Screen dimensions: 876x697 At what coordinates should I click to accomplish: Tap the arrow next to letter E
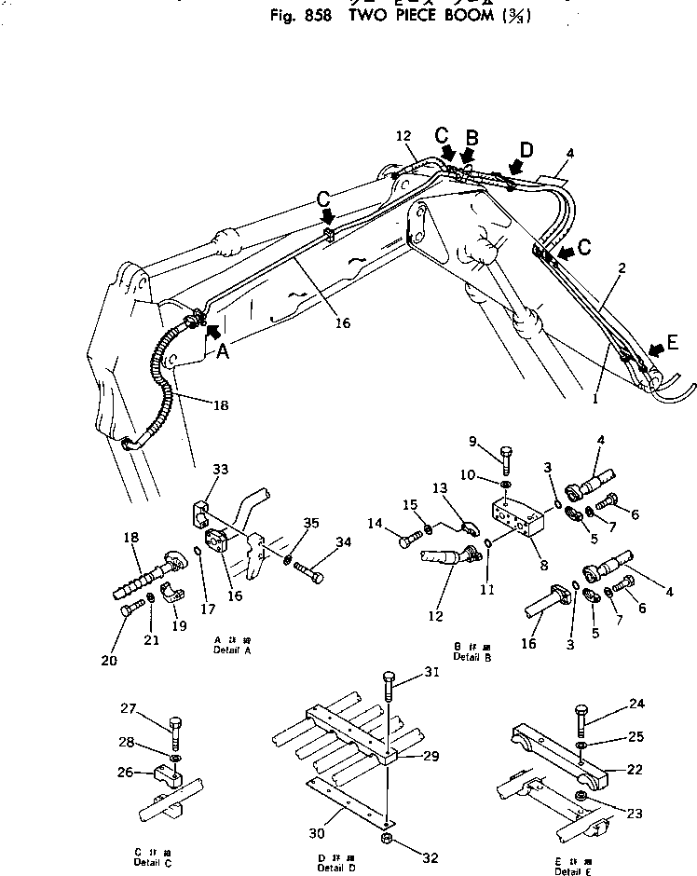click(656, 349)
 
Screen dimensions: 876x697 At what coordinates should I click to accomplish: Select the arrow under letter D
click(514, 169)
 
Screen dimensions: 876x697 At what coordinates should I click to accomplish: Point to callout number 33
click(221, 472)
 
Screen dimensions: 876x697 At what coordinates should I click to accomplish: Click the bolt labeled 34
click(310, 574)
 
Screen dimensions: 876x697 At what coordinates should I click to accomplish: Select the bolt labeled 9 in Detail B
click(506, 460)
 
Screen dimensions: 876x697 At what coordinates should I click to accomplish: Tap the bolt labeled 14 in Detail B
click(410, 538)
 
